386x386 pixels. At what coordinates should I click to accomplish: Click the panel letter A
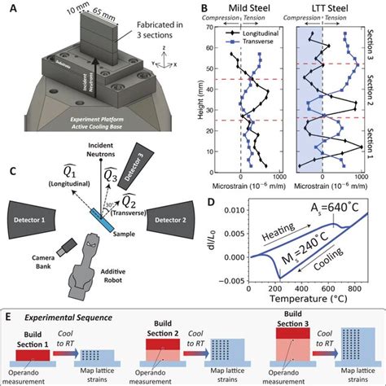10,9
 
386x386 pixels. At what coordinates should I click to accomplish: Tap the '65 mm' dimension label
70,11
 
